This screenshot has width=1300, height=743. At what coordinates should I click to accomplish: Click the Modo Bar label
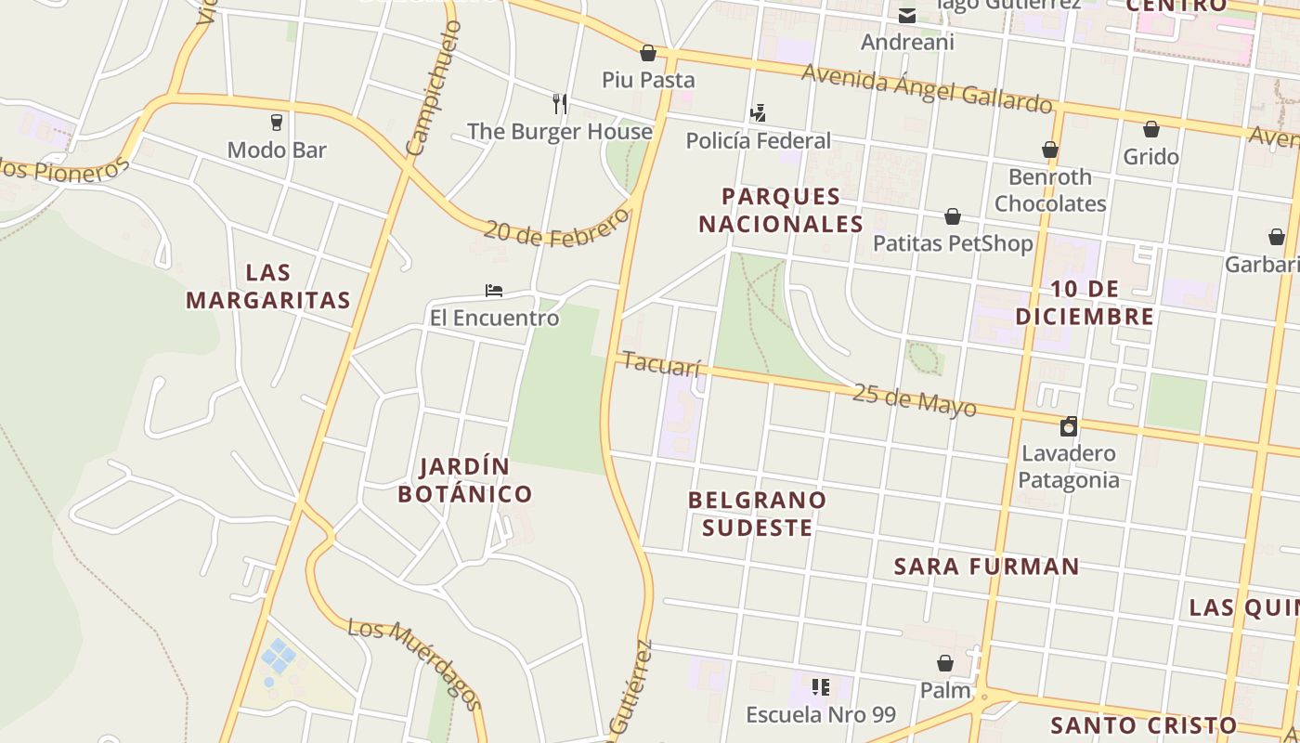pos(277,150)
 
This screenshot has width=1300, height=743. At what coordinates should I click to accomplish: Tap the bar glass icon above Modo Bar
pos(276,122)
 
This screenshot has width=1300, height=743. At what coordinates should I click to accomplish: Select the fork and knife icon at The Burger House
pos(559,103)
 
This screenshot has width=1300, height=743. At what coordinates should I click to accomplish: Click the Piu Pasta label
pos(648,80)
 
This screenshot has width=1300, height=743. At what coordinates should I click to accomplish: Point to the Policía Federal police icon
pos(758,113)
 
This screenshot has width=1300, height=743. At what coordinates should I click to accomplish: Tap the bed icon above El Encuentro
pos(494,291)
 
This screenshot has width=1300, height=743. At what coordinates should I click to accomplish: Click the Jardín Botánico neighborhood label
pos(464,480)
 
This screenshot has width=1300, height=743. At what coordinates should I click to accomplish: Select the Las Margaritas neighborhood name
pos(268,286)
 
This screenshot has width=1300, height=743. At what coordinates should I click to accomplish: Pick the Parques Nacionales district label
pos(781,210)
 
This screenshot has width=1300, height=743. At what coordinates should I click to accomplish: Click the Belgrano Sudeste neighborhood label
pos(757,514)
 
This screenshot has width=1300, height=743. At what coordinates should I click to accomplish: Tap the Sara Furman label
pos(986,567)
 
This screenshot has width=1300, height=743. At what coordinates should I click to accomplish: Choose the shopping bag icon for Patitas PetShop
pos(953,216)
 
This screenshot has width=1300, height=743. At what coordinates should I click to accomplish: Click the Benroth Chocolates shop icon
pos(1050,150)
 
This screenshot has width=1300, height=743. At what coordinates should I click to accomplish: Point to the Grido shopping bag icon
pos(1151,129)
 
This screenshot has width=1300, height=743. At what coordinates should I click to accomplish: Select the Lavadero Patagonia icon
pos(1069,426)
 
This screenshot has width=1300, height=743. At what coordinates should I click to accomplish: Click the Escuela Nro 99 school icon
pos(821,687)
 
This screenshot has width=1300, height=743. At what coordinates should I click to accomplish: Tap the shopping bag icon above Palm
pos(945,663)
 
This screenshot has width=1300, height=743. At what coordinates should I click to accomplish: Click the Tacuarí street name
pos(661,364)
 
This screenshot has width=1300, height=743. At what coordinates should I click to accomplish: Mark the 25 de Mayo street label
pos(914,399)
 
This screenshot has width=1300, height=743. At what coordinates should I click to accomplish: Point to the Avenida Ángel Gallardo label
pos(927,87)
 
